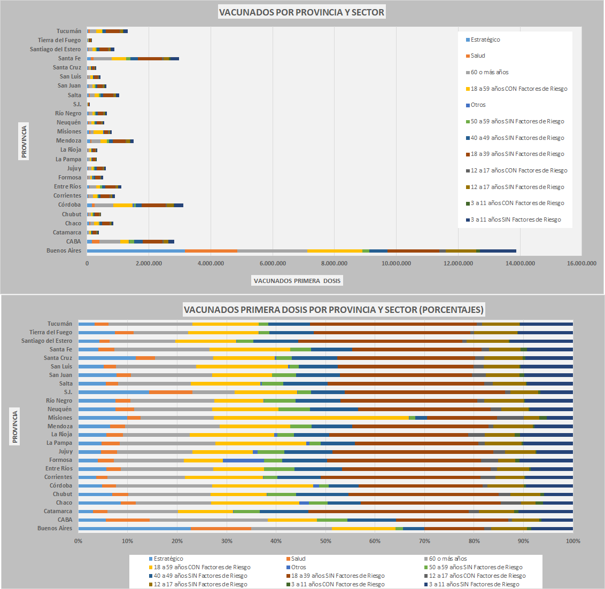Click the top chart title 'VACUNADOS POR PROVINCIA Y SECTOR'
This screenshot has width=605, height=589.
pos(301,12)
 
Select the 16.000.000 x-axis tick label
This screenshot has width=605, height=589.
pos(581,263)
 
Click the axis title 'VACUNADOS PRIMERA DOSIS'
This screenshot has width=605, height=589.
pos(297,281)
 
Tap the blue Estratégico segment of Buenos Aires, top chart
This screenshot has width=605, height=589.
pos(136,250)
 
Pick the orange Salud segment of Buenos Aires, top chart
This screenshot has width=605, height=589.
pos(211,250)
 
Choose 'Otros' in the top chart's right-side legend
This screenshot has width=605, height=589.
pos(478,105)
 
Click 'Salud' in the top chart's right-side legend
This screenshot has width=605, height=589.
pos(478,56)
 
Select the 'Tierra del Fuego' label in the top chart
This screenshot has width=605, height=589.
pos(59,40)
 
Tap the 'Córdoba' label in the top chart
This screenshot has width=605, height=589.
pos(69,205)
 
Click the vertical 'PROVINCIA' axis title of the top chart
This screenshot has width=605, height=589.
pos(24,141)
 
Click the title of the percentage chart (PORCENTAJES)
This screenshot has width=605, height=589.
pos(333,310)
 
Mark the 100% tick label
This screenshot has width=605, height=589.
pos(572,541)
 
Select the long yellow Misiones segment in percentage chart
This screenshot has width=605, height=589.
pos(311,418)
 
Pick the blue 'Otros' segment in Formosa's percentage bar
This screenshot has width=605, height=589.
pos(243,460)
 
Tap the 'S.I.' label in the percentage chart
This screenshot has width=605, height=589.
pos(68,392)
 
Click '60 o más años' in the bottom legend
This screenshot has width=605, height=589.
pos(447,559)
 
